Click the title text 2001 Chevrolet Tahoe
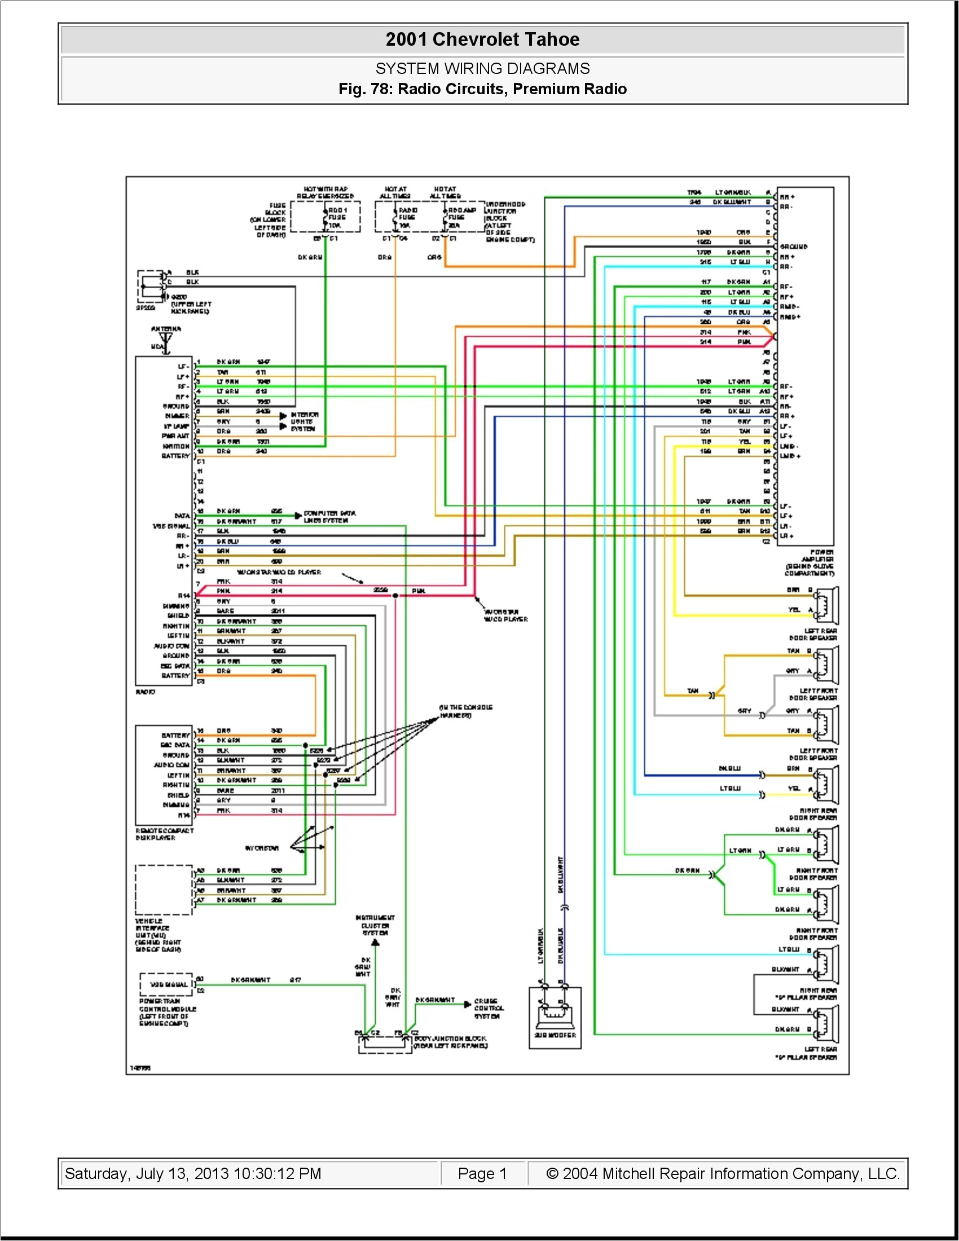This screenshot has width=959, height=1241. tap(482, 39)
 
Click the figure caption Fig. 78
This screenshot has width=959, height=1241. tap(482, 89)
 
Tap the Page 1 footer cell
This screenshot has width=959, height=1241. tap(482, 1173)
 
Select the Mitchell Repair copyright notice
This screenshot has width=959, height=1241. tap(723, 1173)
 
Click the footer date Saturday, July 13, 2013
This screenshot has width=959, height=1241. tap(193, 1173)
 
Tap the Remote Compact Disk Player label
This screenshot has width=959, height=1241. tap(164, 834)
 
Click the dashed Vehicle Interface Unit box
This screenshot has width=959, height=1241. tap(164, 890)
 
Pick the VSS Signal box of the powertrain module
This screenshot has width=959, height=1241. tap(168, 984)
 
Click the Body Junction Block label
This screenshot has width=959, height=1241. tap(450, 1041)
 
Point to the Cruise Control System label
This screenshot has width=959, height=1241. tap(487, 1008)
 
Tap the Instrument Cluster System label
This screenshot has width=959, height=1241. tap(375, 925)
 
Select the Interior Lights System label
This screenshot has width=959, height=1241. tap(305, 421)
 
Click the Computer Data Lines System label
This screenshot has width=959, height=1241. tap(329, 517)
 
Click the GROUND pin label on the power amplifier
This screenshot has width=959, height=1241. tap(794, 247)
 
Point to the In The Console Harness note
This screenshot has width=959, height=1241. tap(465, 711)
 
